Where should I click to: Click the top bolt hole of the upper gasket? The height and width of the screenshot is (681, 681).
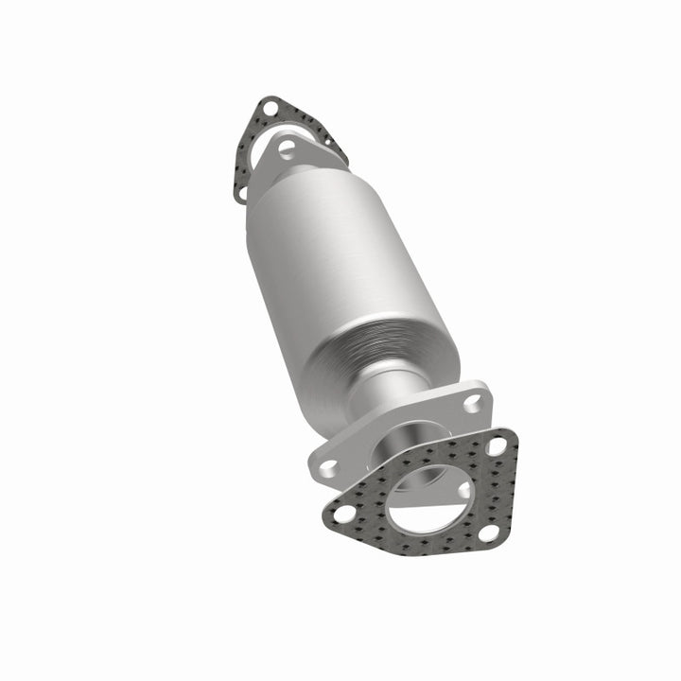pos(270,109)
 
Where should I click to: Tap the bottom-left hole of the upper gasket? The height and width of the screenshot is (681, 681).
pos(240,192)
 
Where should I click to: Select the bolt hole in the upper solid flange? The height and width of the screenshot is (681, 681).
pos(286,148)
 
